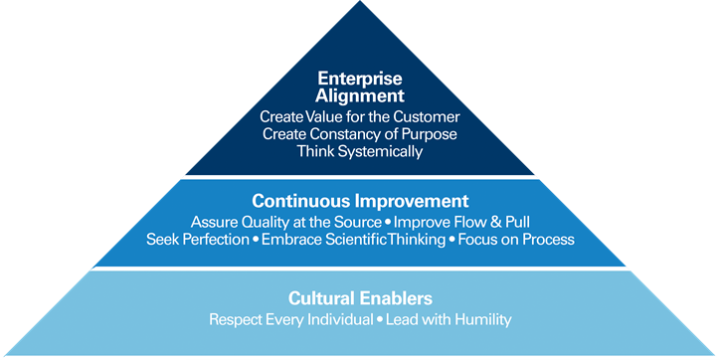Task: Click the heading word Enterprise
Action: click(x=360, y=79)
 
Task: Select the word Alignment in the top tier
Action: click(x=360, y=96)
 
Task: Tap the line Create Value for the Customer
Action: click(x=360, y=117)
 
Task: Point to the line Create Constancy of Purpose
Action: click(x=360, y=134)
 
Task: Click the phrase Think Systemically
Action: click(x=360, y=152)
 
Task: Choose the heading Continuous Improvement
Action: click(x=360, y=199)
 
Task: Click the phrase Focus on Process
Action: click(x=516, y=240)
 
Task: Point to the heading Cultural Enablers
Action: click(x=360, y=297)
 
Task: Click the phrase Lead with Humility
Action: click(x=449, y=319)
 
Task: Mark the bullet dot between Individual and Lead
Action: click(x=378, y=320)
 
